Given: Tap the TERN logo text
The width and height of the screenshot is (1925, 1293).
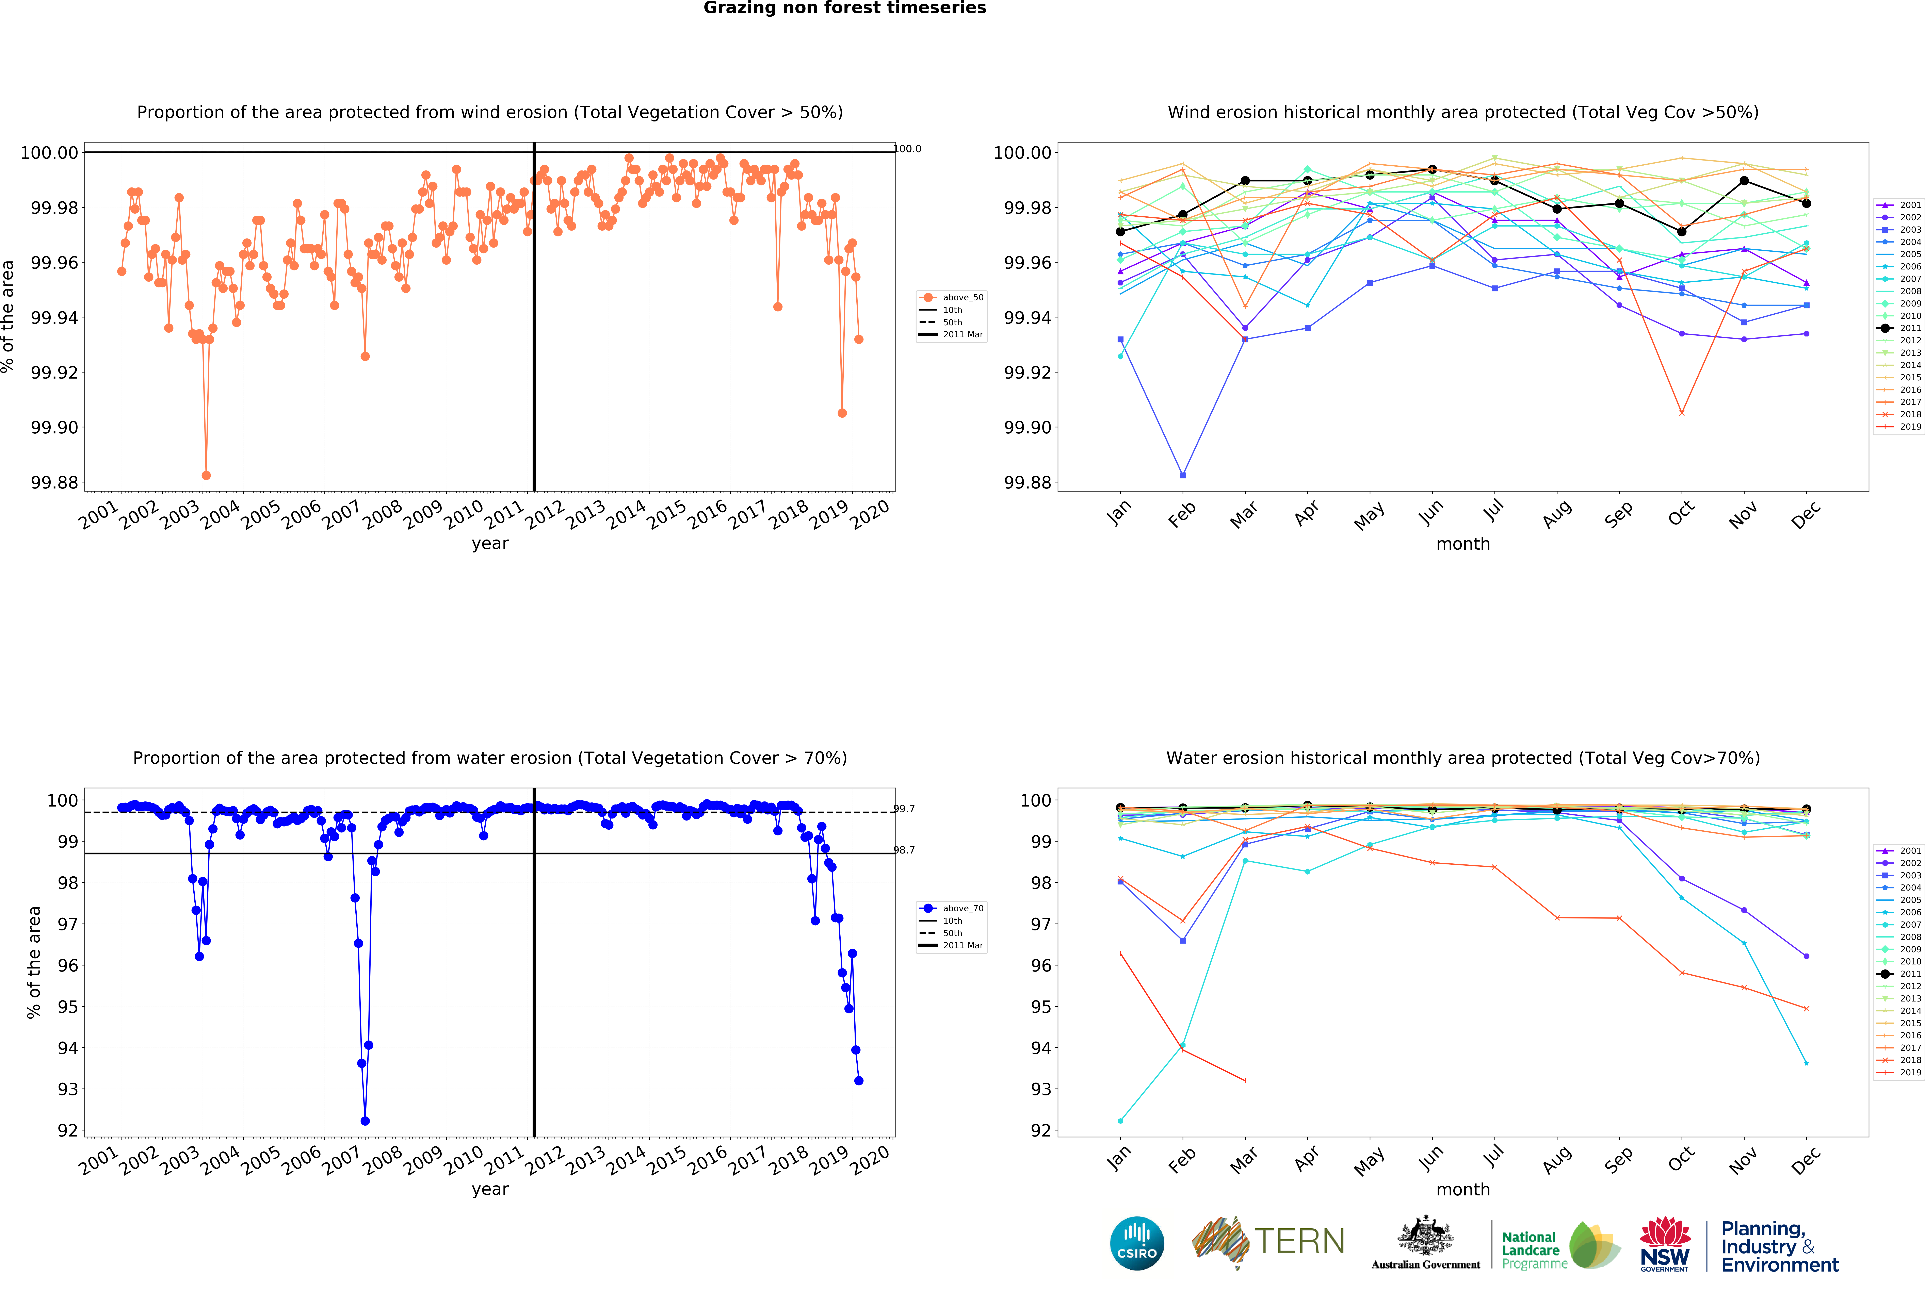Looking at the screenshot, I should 1299,1241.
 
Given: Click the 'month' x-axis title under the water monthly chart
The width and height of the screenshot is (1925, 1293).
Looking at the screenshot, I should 1462,1189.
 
